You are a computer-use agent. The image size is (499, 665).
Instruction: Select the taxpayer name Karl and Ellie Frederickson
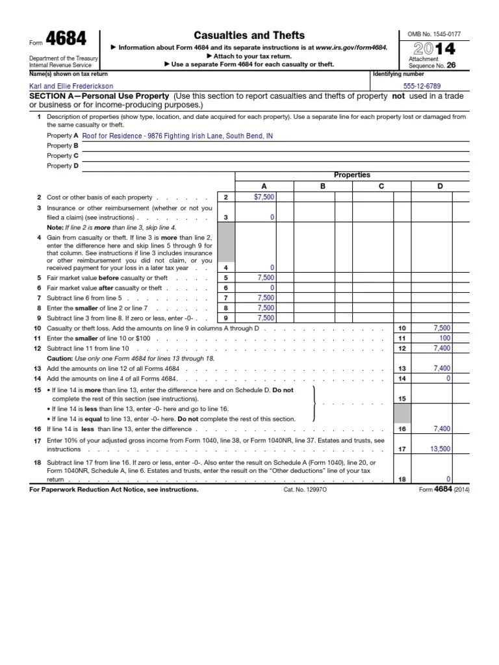click(x=71, y=86)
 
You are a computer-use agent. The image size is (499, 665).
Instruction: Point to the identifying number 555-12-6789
click(x=422, y=86)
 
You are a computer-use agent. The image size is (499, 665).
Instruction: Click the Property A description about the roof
click(x=177, y=136)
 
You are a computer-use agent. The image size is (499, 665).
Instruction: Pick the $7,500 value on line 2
click(x=264, y=197)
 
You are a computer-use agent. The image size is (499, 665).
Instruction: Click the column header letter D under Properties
click(x=440, y=186)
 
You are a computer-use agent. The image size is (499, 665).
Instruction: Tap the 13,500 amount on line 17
click(x=441, y=447)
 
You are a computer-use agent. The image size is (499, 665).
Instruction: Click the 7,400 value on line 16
click(x=442, y=429)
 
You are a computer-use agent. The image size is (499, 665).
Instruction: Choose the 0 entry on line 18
click(x=448, y=479)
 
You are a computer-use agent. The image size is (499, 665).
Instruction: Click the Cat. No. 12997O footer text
click(x=305, y=490)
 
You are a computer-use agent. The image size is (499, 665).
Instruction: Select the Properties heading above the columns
click(x=352, y=175)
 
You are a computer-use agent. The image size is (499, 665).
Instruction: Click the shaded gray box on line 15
click(x=403, y=412)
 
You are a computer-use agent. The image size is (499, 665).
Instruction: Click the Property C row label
click(x=62, y=156)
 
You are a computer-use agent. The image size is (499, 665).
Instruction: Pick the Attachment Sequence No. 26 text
click(x=430, y=62)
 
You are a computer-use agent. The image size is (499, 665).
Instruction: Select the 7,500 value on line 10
click(x=442, y=329)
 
